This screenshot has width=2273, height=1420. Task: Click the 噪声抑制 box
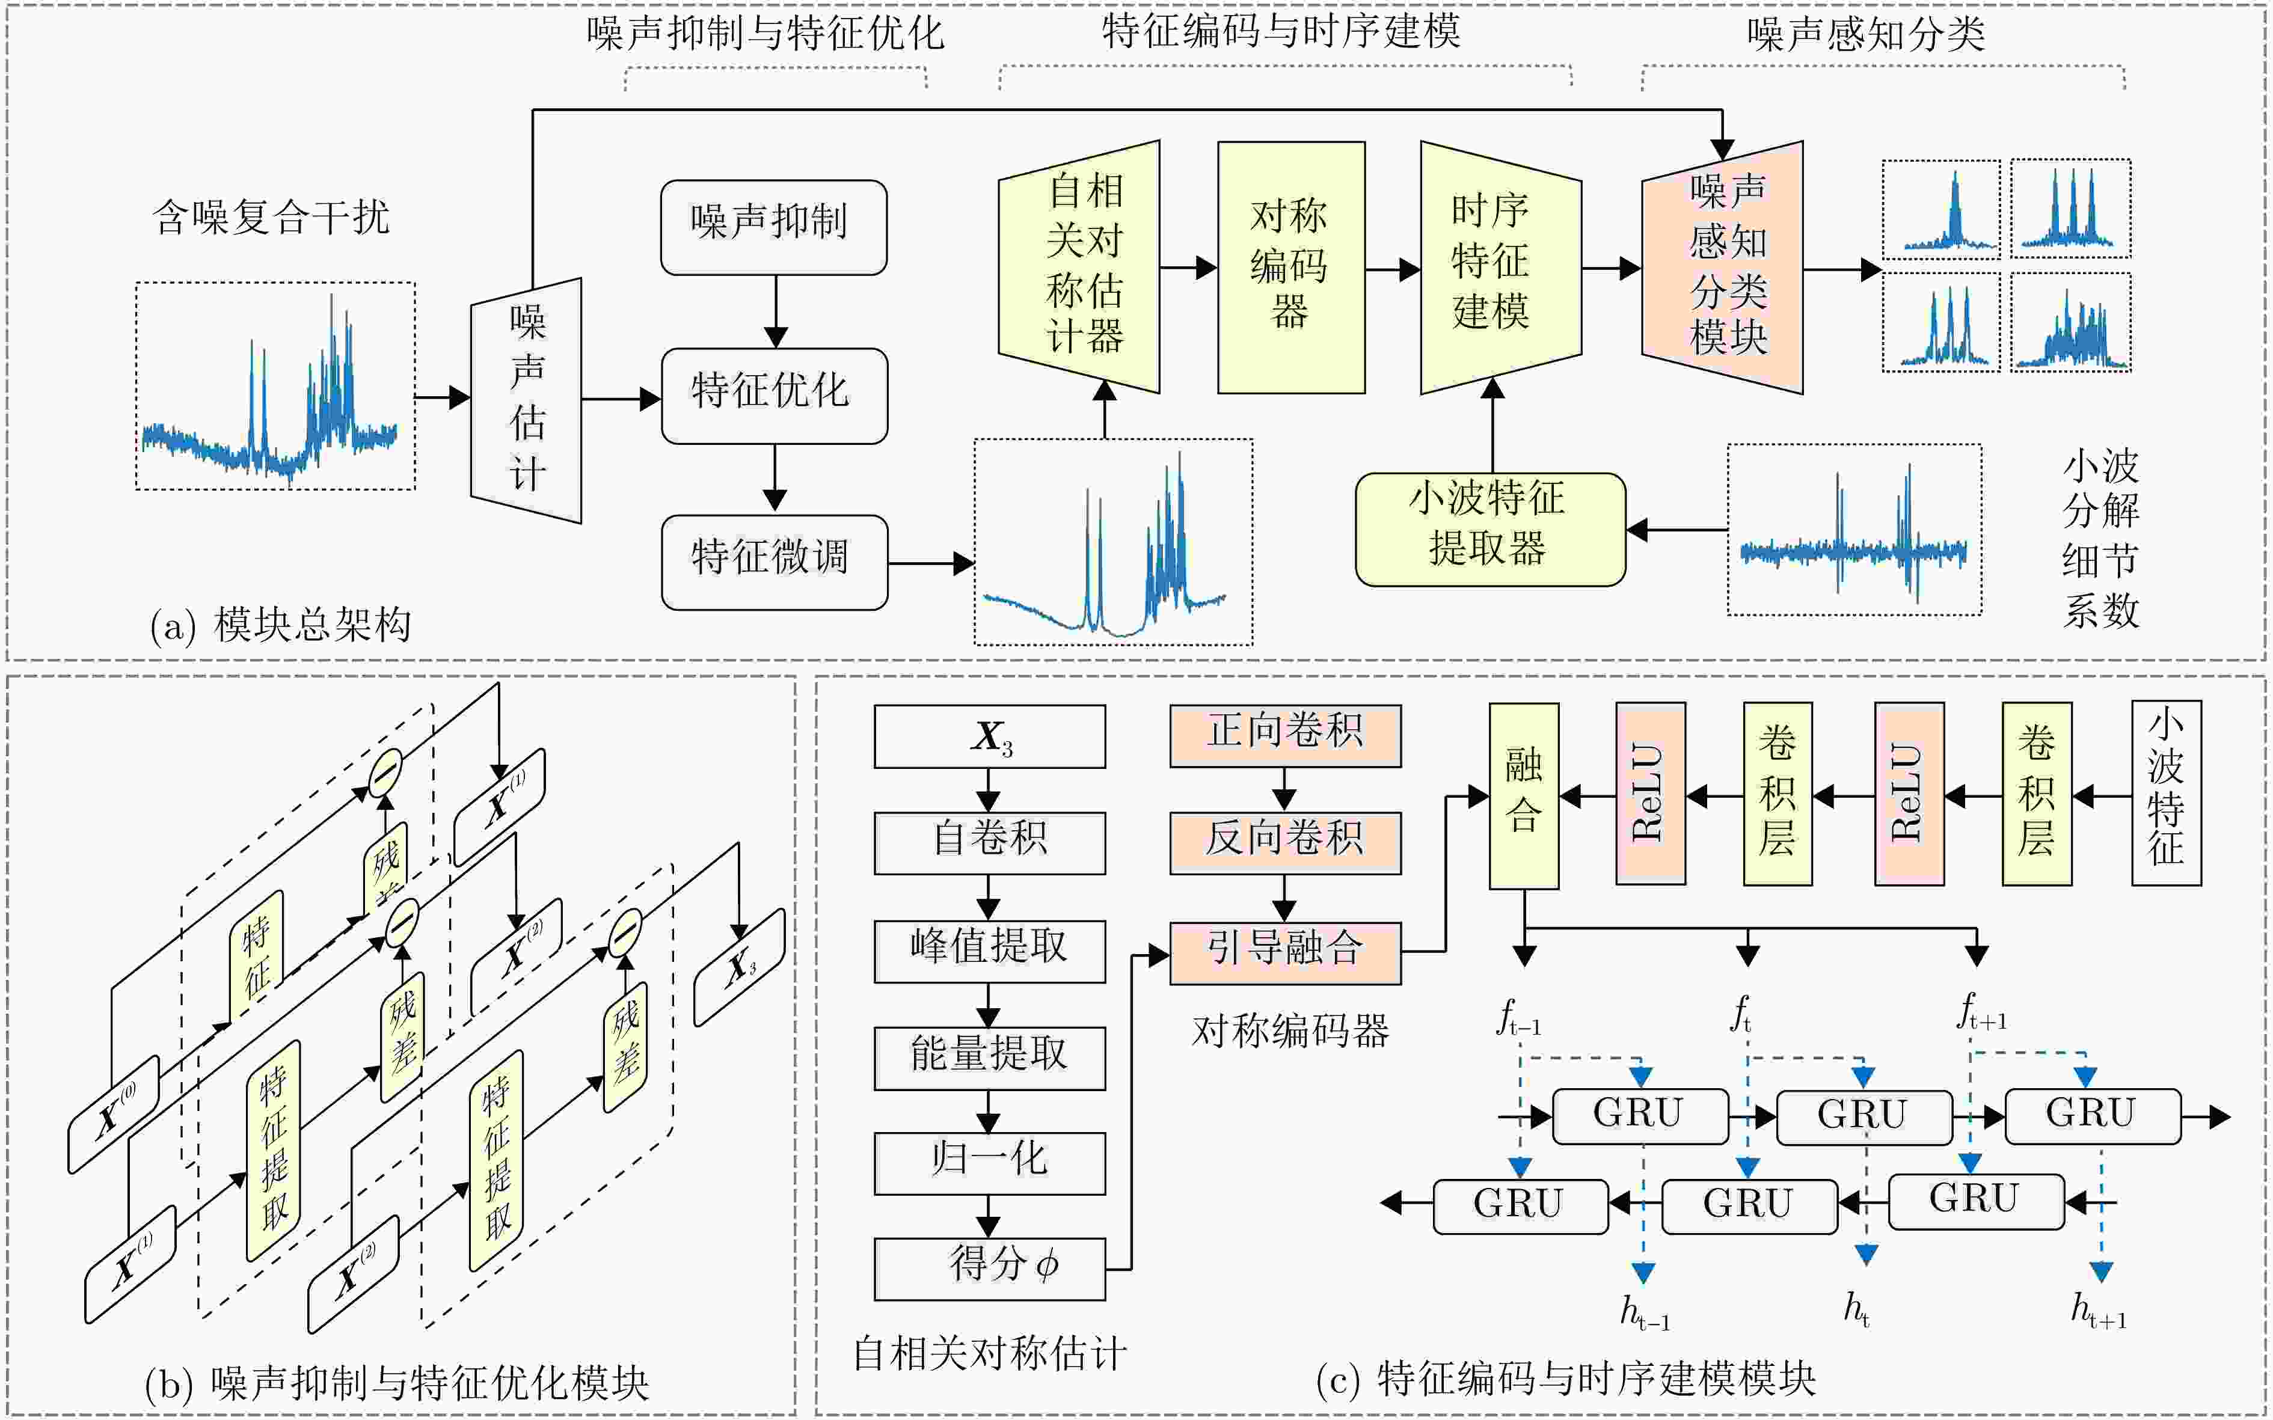773,227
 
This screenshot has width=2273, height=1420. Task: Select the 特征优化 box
773,396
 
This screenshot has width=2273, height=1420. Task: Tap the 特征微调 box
773,562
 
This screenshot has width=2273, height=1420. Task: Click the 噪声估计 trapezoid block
526,400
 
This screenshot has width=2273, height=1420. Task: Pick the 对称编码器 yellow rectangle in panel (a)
1290,267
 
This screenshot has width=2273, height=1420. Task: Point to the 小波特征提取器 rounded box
1489,529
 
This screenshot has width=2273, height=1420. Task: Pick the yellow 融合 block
1524,795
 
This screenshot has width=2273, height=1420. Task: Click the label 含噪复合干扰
271,218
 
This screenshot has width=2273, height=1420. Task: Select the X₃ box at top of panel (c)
989,736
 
